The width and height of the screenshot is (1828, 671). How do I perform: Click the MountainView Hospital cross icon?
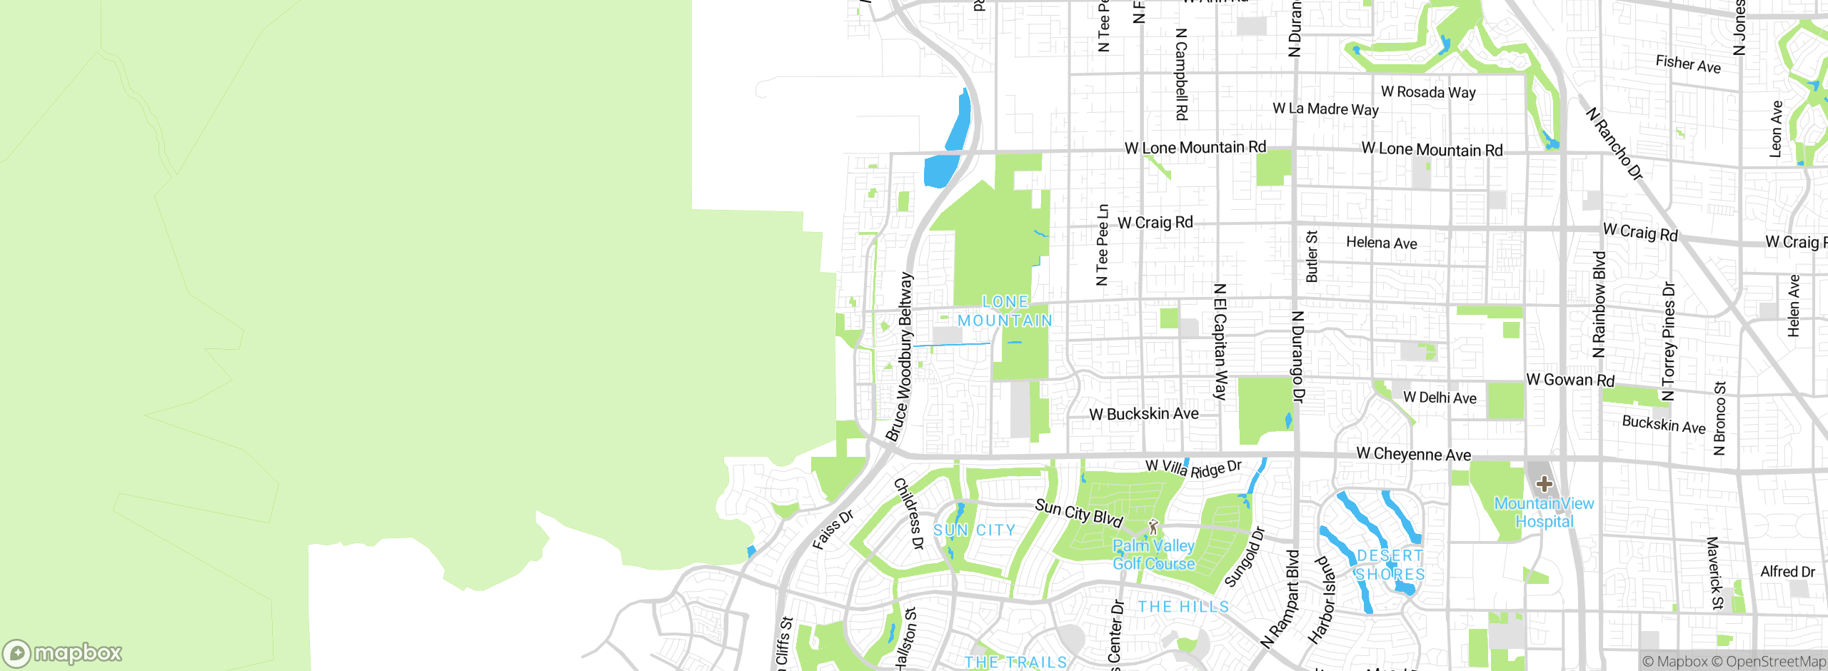tap(1544, 484)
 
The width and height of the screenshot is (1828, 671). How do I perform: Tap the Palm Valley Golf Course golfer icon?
tap(1153, 528)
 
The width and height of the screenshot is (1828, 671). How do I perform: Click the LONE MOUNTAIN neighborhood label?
tap(1005, 312)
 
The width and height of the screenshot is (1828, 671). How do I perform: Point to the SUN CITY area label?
tap(974, 530)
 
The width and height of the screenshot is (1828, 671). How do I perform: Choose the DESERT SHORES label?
tap(1390, 565)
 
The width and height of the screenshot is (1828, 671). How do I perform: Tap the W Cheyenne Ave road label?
tap(1413, 454)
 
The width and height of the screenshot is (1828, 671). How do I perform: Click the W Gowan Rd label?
tap(1570, 380)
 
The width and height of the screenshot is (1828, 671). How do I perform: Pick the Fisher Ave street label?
tap(1688, 64)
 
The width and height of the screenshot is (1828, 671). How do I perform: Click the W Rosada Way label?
tap(1427, 92)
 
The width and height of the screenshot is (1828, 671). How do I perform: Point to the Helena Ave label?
tap(1381, 243)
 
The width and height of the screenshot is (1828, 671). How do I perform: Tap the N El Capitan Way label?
tap(1220, 341)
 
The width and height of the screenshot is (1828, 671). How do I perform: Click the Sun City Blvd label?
tap(1079, 513)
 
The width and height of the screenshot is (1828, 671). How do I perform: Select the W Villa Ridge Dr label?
tap(1193, 468)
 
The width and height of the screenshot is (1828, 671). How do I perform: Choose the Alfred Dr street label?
tap(1787, 572)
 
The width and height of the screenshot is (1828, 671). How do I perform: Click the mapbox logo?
tap(63, 653)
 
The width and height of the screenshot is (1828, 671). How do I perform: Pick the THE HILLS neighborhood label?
tap(1183, 607)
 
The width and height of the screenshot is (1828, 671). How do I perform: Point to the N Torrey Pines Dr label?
tap(1668, 342)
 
